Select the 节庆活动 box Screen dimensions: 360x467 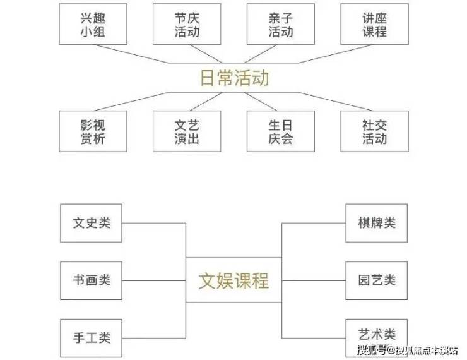[x=187, y=24]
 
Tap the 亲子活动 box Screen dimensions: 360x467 [x=280, y=24]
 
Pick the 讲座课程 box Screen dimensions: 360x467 [x=374, y=24]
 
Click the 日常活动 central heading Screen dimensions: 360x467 [x=234, y=78]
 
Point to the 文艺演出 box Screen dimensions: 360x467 [x=187, y=131]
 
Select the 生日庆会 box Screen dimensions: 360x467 [x=280, y=131]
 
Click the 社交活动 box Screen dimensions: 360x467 [x=374, y=131]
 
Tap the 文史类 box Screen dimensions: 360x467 [x=92, y=223]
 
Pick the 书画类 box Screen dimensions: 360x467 [x=92, y=280]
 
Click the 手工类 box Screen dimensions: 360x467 [x=92, y=338]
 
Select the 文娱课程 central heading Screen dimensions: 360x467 [x=234, y=280]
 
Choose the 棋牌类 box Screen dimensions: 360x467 [x=377, y=223]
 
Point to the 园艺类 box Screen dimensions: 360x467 [x=377, y=280]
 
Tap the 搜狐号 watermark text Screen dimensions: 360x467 [x=372, y=349]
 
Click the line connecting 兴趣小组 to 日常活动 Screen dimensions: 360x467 [x=142, y=57]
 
